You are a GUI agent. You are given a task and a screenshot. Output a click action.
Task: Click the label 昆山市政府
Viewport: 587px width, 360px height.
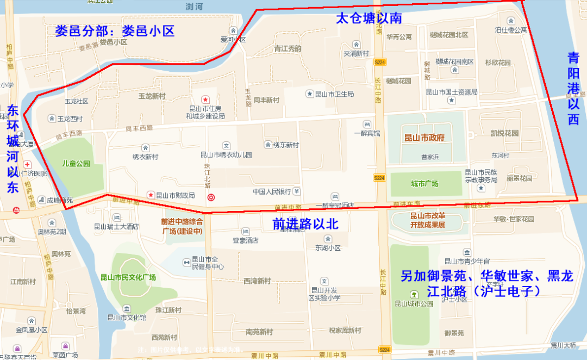tap(424, 138)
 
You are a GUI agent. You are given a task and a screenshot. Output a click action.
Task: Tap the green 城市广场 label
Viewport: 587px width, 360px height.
tap(424, 183)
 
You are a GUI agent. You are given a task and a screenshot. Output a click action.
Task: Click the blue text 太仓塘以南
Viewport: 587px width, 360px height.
tap(369, 18)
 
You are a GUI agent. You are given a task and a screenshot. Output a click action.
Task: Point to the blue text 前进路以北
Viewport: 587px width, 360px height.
tap(305, 224)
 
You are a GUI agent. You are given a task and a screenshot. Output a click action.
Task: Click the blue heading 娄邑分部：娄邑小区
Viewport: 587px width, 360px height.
tap(115, 30)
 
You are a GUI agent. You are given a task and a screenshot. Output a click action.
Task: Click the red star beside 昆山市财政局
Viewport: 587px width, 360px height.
tap(151, 195)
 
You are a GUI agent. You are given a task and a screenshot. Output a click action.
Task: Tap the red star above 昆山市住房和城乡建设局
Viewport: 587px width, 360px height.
tap(205, 100)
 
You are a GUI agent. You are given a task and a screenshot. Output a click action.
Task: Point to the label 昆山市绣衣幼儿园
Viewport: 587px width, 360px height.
tap(227, 154)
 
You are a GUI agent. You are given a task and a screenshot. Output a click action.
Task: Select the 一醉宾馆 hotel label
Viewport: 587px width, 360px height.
tap(367, 133)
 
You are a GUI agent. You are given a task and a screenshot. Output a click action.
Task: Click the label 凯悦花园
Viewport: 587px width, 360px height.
tap(504, 133)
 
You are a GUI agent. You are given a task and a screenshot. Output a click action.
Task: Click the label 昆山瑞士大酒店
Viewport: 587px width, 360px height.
tap(116, 227)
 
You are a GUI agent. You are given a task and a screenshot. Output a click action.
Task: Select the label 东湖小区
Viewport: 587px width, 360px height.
tap(327, 247)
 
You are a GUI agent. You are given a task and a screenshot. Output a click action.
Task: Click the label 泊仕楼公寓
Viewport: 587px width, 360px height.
tap(511, 30)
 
